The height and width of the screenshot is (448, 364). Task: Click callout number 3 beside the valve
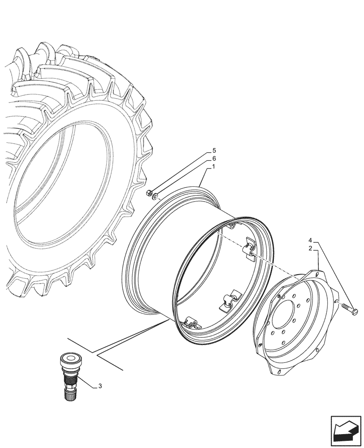[x=100, y=385]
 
